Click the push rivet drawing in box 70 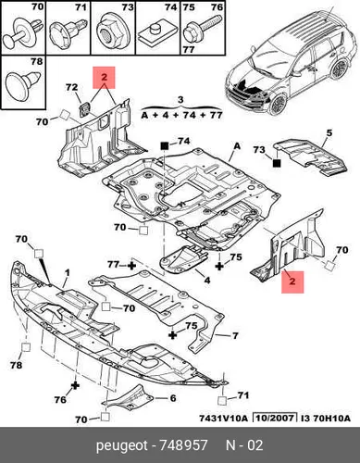coord(21,33)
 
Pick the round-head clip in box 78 coord(23,85)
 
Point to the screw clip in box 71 coord(67,31)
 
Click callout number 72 coord(71,87)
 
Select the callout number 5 coord(329,133)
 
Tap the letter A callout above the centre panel coord(237,145)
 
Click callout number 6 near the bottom coord(173,398)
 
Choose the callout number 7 coord(235,335)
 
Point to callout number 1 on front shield coord(68,273)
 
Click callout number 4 coord(207,280)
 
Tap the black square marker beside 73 coord(277,163)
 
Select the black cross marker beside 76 coord(75,385)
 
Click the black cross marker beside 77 coord(131,265)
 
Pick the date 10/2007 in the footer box coord(275,419)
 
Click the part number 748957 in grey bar coord(183,445)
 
